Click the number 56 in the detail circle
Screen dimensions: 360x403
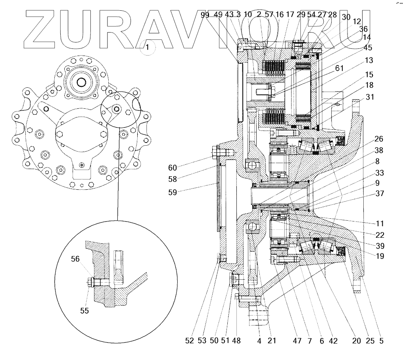point(75,259)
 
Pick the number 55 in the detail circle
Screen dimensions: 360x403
point(84,311)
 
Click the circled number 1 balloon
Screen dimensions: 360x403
point(148,47)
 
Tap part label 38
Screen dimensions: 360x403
point(379,150)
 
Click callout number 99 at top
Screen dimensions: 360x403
point(205,15)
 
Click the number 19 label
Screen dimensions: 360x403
point(380,256)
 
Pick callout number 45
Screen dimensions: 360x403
point(368,47)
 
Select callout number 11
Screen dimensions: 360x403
point(379,223)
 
